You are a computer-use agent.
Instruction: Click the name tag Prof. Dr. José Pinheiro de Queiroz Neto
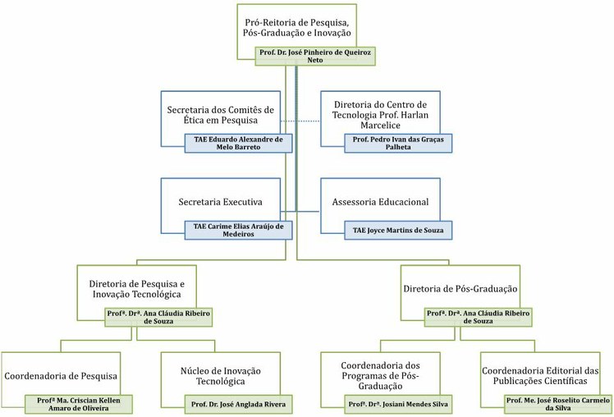pyautogui.click(x=315, y=56)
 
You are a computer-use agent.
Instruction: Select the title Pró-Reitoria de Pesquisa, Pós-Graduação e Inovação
pyautogui.click(x=297, y=27)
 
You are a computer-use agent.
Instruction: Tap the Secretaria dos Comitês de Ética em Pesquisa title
pyautogui.click(x=221, y=115)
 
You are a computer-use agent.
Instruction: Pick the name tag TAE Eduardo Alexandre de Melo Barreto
pyautogui.click(x=239, y=143)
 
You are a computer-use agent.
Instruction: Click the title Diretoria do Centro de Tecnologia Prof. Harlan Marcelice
pyautogui.click(x=381, y=115)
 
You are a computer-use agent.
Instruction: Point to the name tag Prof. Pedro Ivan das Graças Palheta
pyautogui.click(x=398, y=143)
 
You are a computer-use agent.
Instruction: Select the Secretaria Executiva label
pyautogui.click(x=221, y=202)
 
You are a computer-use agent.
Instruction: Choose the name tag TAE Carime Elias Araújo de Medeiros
pyautogui.click(x=239, y=230)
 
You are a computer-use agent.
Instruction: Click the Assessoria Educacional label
pyautogui.click(x=381, y=202)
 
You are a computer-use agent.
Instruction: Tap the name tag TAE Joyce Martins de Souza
pyautogui.click(x=398, y=230)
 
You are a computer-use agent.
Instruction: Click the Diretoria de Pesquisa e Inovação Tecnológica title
pyautogui.click(x=136, y=289)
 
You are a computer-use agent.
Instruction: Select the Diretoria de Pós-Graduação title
pyautogui.click(x=460, y=289)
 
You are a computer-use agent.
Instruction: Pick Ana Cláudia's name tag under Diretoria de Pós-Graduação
pyautogui.click(x=478, y=317)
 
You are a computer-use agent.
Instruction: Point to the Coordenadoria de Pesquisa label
pyautogui.click(x=61, y=376)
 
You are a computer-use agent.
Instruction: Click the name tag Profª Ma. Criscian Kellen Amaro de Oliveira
pyautogui.click(x=79, y=404)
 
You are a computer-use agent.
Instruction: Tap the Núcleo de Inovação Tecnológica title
pyautogui.click(x=221, y=376)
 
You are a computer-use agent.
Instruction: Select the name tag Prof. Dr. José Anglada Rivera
pyautogui.click(x=239, y=404)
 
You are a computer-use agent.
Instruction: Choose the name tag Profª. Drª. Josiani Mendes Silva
pyautogui.click(x=398, y=404)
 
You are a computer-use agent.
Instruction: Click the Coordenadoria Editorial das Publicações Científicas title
pyautogui.click(x=540, y=376)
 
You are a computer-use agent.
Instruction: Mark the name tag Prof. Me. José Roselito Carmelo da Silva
pyautogui.click(x=558, y=404)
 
